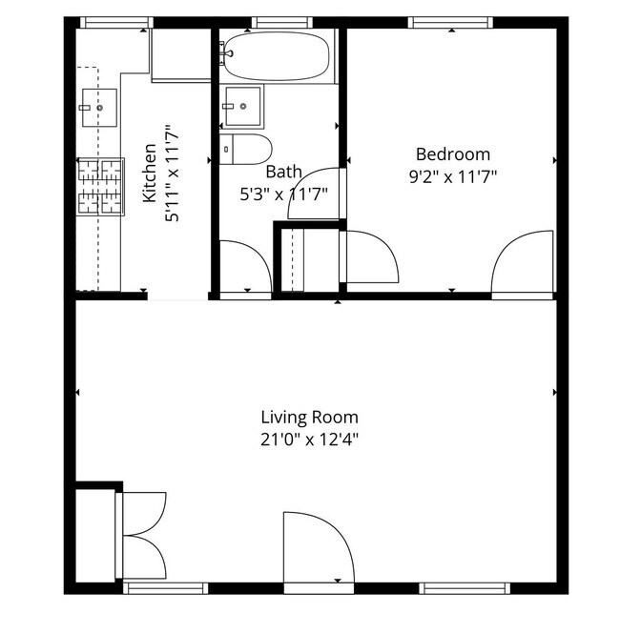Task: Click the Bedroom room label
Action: [453, 154]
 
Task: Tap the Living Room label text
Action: [309, 418]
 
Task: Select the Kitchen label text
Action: [150, 173]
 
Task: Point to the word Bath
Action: [283, 172]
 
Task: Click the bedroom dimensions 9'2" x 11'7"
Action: [453, 176]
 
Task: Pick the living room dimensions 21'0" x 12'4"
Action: [309, 440]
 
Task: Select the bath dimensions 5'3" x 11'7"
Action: [283, 194]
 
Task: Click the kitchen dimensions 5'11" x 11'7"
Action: [172, 173]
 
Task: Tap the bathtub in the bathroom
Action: [277, 56]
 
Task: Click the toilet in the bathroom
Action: [245, 149]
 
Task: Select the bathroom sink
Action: [242, 106]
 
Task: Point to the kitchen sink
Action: [99, 108]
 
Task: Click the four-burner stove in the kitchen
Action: [100, 187]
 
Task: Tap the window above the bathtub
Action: [282, 22]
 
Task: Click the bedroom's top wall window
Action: [450, 22]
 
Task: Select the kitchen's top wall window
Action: [117, 22]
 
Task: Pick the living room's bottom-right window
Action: [465, 588]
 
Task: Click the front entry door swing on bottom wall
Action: [319, 548]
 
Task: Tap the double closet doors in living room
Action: [141, 535]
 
